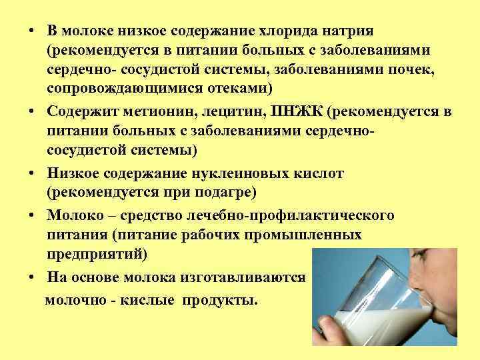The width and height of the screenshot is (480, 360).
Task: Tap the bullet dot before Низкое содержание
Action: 32,174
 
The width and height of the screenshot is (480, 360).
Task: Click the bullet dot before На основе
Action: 32,277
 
